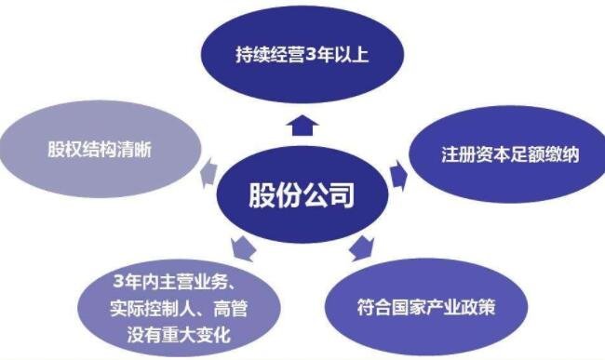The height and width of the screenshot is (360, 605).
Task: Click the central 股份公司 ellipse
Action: tap(302, 196)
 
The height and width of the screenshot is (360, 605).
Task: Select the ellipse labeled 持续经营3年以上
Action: tap(302, 53)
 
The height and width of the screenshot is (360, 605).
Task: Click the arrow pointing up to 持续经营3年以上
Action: tap(302, 124)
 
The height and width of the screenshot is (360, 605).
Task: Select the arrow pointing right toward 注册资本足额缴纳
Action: tap(399, 173)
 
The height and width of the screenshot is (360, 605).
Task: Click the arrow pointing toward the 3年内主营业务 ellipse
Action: tap(243, 247)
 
